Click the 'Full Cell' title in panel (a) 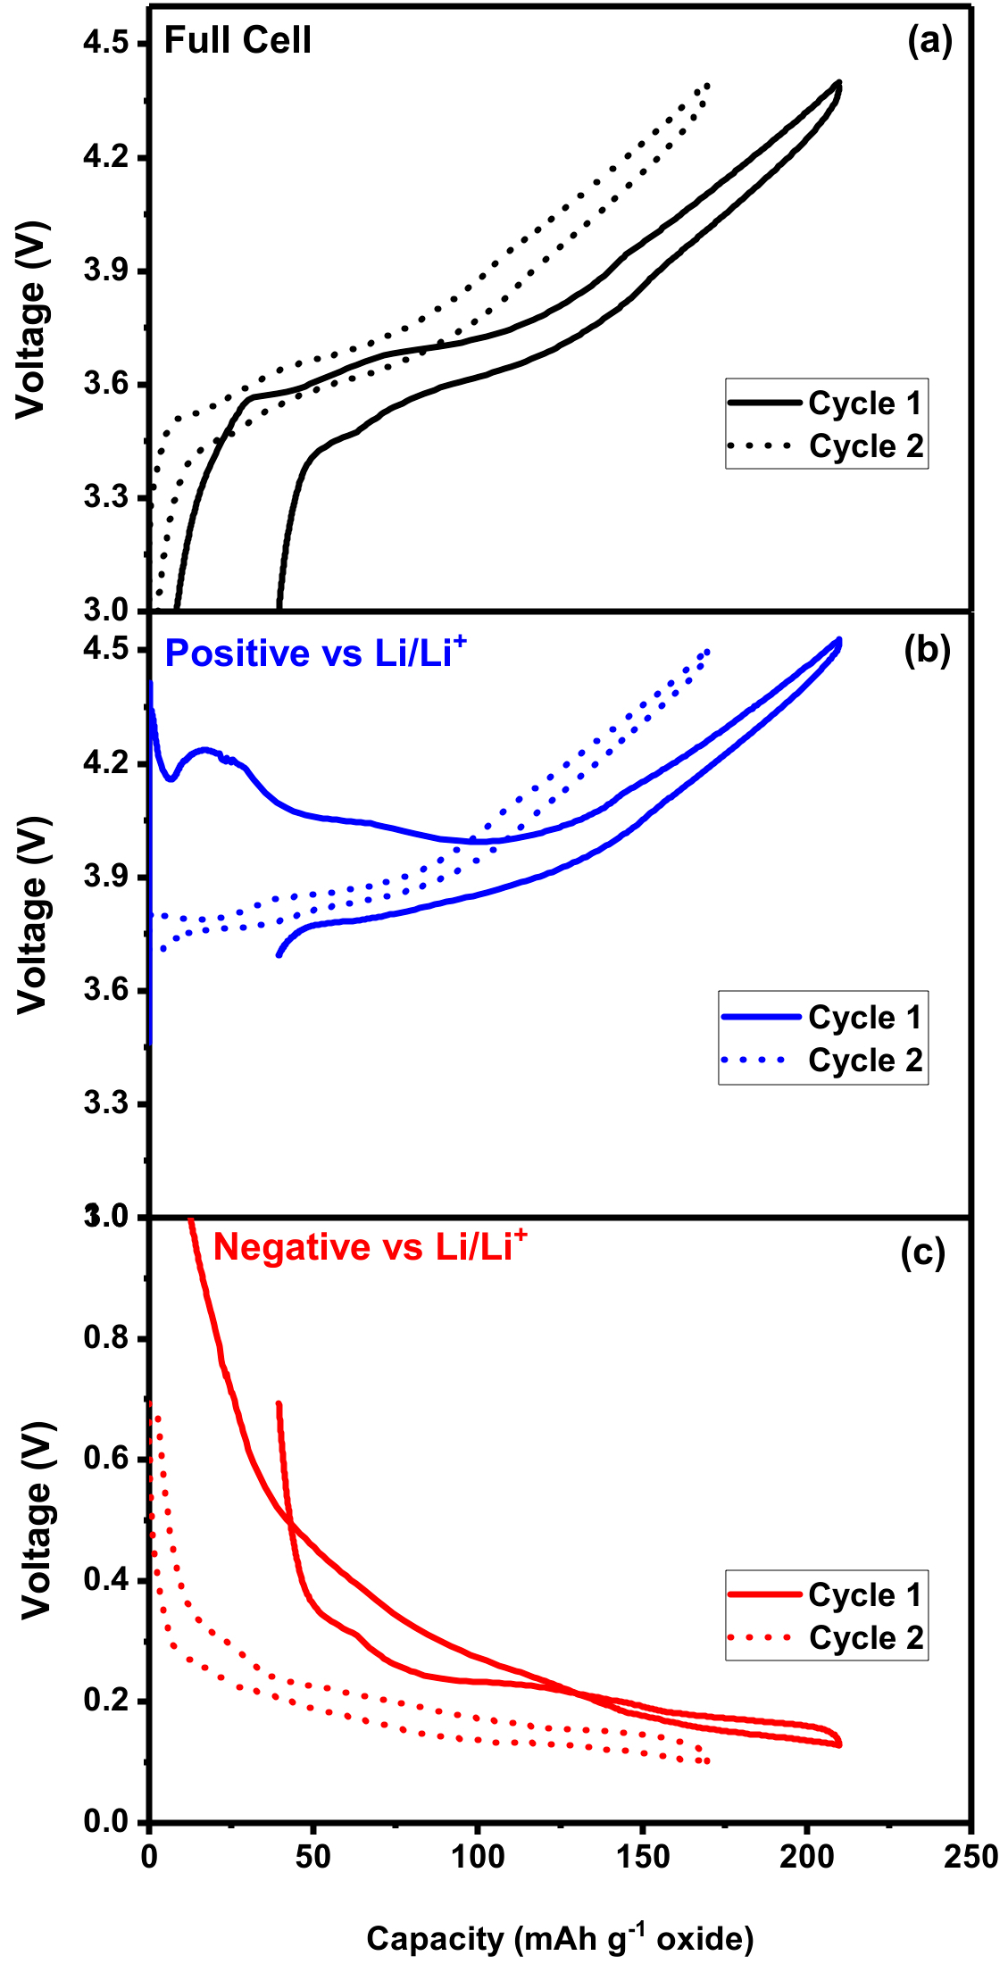(x=237, y=41)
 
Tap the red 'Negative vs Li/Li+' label (x=370, y=1246)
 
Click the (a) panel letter (x=929, y=41)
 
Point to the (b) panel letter (x=927, y=651)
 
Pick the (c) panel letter (x=922, y=1252)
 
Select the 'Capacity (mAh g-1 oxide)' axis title (x=560, y=1939)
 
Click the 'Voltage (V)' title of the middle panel (x=32, y=915)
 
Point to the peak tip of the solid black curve (x=838, y=83)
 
